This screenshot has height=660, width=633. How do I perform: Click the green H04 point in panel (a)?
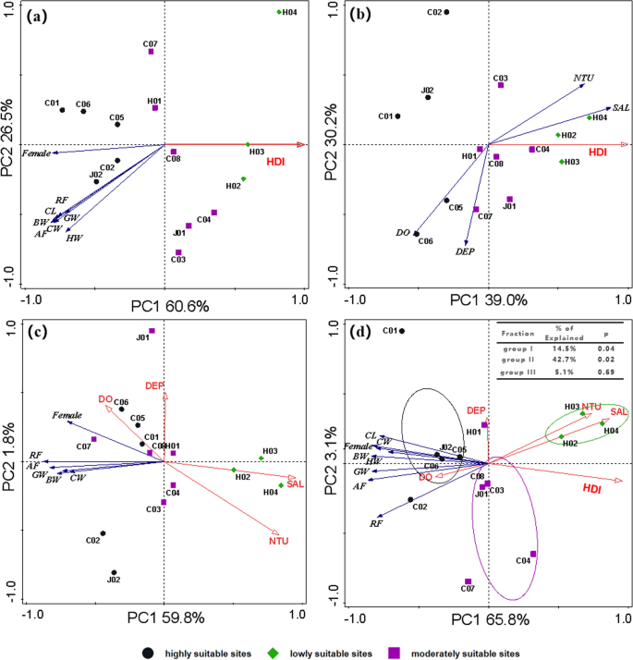[x=278, y=12]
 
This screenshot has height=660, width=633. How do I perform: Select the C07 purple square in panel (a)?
[x=151, y=52]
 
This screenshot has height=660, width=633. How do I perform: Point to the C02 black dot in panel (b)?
[x=446, y=12]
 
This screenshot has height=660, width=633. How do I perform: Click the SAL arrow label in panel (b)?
[x=620, y=107]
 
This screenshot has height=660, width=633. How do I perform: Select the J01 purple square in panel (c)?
[x=152, y=331]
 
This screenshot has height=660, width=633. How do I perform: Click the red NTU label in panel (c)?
[x=278, y=540]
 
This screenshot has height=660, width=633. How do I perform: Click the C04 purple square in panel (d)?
[x=533, y=555]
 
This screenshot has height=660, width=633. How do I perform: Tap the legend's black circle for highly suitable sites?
[x=147, y=652]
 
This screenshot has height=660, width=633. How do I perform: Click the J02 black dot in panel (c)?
[x=114, y=573]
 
